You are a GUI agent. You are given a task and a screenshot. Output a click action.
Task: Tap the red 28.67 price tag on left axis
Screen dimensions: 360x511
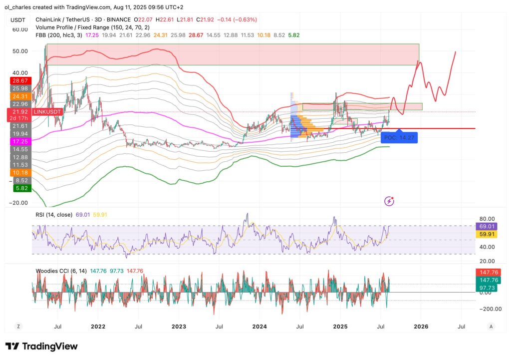pos(20,80)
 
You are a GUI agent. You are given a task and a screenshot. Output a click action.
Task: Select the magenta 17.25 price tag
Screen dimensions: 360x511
pos(20,142)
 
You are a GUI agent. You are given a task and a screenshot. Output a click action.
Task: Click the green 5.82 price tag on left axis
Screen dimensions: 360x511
pos(20,188)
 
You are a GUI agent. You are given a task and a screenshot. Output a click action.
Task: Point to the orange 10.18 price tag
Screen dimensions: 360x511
pos(20,173)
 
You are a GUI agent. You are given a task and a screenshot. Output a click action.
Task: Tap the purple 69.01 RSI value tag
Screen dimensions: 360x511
pos(485,225)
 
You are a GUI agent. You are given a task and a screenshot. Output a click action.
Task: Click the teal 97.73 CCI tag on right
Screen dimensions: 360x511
pos(485,289)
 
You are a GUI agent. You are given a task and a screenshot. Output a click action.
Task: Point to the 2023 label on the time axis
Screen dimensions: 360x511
pos(179,327)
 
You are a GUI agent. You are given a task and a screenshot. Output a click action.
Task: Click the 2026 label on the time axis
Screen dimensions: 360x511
pos(420,327)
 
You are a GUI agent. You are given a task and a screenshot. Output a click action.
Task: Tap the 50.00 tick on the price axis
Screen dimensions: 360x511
pos(20,51)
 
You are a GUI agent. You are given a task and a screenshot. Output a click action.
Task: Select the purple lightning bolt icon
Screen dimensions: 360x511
pos(390,201)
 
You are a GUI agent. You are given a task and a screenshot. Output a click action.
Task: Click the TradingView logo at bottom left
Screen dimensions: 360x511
pos(41,346)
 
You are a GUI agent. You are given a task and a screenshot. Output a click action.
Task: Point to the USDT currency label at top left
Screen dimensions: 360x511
pos(19,19)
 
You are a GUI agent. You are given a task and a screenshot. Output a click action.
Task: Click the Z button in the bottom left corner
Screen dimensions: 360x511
pos(18,327)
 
